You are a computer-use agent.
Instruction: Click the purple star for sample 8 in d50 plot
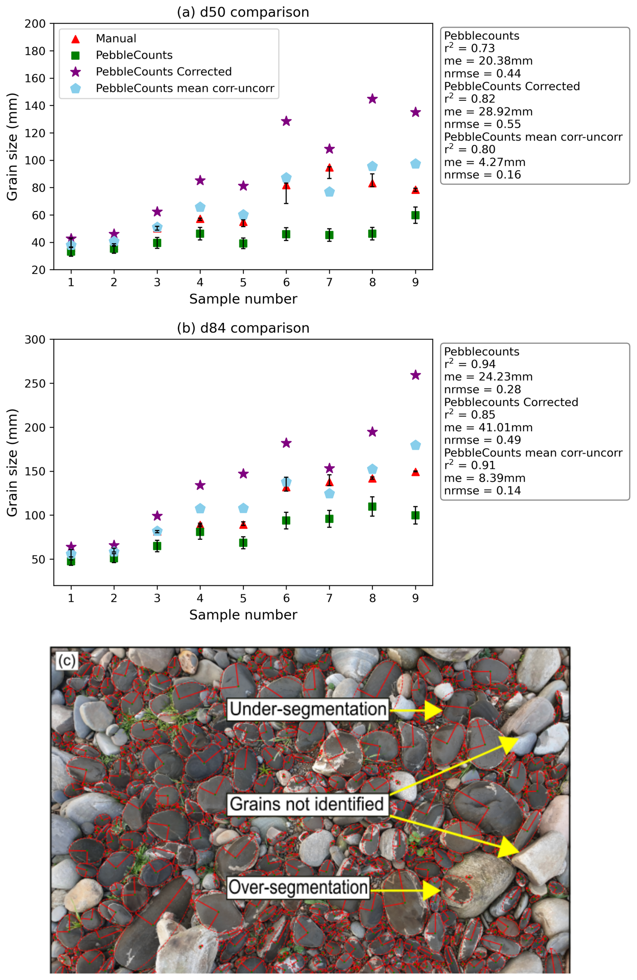[x=372, y=99]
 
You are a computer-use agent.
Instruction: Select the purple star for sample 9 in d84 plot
[x=415, y=375]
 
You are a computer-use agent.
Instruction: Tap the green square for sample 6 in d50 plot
[x=286, y=234]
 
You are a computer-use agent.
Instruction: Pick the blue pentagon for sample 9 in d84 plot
[x=415, y=445]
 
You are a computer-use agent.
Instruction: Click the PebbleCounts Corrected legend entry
[x=163, y=72]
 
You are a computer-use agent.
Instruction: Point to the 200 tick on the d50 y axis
[x=35, y=24]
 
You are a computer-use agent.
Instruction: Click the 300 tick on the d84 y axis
[x=35, y=340]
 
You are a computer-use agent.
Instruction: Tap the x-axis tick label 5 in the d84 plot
[x=243, y=598]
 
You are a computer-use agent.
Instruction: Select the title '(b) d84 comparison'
[x=243, y=328]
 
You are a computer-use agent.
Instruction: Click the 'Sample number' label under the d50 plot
[x=243, y=299]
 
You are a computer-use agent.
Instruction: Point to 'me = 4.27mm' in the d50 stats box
[x=484, y=162]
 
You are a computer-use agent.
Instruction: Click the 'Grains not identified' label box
[x=307, y=816]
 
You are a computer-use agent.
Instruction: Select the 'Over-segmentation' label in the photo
[x=298, y=899]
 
